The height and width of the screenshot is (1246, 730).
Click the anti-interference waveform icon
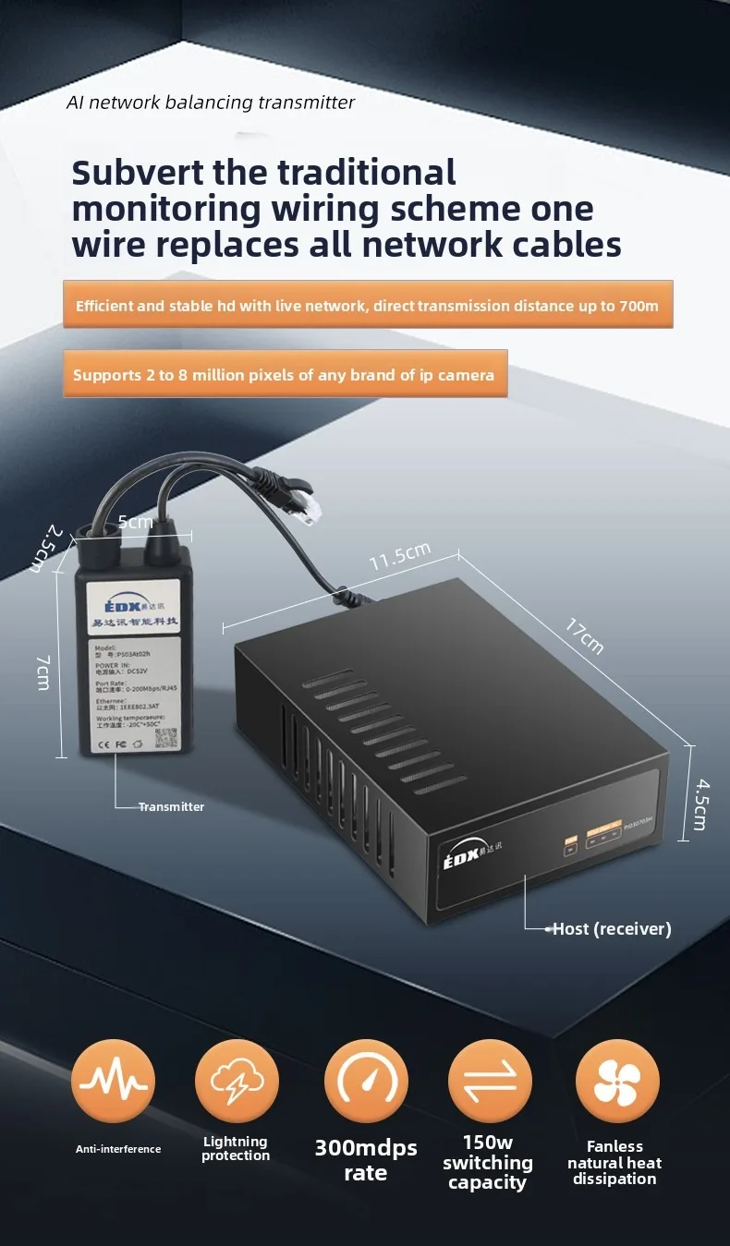114,1081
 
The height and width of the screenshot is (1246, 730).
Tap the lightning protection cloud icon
237,1081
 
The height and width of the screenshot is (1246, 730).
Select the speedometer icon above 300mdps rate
366,1081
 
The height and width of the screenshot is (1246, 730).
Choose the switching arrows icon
490,1081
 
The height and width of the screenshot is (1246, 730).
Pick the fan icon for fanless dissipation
617,1081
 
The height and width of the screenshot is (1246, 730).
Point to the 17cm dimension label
585,637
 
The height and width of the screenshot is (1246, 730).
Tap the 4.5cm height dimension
702,804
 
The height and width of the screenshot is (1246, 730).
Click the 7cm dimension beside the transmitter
43,672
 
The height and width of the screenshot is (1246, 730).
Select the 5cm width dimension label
135,522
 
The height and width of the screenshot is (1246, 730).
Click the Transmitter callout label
171,806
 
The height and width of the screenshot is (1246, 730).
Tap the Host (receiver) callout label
612,929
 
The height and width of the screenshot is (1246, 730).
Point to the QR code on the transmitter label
164,739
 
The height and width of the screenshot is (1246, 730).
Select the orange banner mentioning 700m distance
368,305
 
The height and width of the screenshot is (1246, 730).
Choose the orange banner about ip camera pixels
285,374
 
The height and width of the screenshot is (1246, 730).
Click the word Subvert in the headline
135,173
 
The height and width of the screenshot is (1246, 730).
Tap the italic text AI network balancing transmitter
211,103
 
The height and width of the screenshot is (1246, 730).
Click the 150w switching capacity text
488,1162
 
